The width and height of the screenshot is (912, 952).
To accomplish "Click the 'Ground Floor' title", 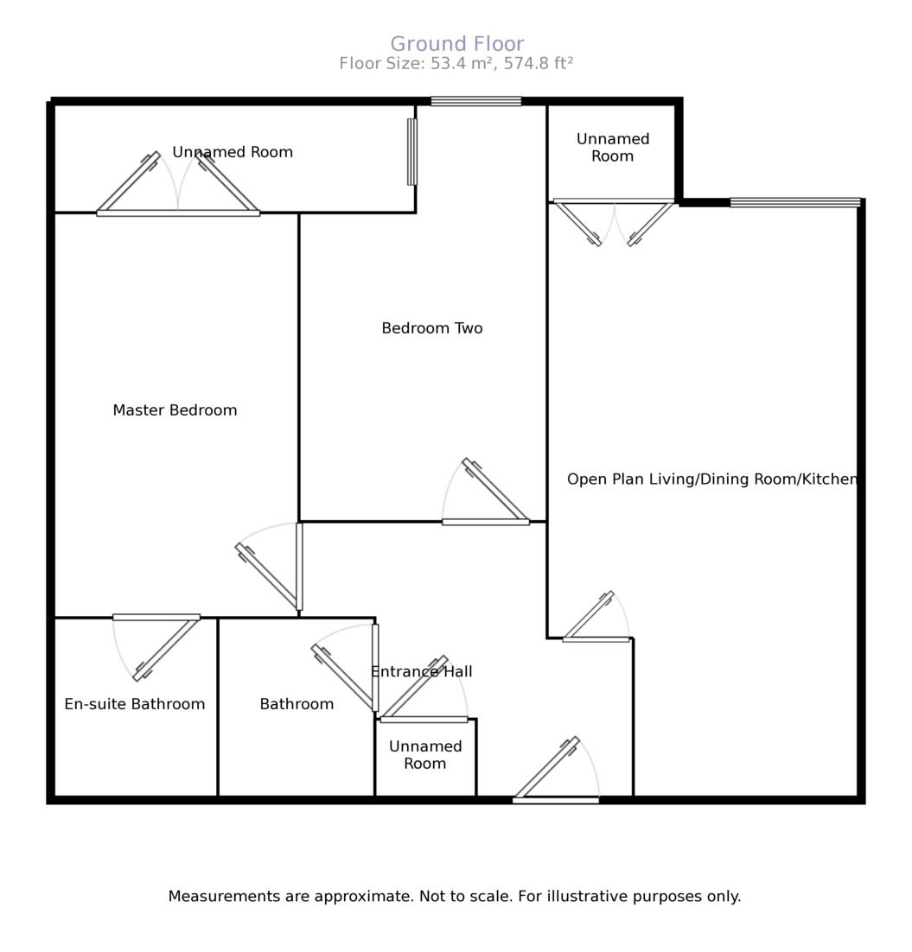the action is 456,44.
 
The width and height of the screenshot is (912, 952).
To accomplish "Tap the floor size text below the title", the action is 456,64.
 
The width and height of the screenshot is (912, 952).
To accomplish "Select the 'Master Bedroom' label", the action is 175,410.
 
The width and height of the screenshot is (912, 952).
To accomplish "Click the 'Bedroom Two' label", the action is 431,328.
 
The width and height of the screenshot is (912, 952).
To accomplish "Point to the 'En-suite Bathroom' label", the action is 135,704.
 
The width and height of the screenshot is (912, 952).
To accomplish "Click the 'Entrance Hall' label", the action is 421,671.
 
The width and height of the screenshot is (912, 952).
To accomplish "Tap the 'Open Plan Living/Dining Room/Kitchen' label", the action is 711,479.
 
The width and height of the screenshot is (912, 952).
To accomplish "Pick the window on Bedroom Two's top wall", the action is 475,101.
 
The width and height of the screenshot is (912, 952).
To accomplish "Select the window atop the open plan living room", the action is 794,203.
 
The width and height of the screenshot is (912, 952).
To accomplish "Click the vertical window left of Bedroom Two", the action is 412,151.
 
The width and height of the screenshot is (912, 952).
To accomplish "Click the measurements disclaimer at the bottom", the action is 454,897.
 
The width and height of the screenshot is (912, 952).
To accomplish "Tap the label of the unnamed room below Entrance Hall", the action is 425,755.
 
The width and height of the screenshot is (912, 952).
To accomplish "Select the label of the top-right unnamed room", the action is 612,148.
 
